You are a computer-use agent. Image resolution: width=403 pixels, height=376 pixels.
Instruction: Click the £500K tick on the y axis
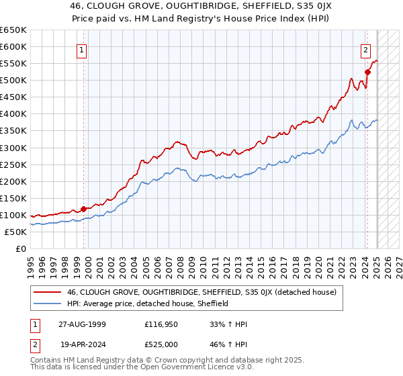(x=13, y=81)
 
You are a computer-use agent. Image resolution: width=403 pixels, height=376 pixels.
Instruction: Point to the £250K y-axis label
(x=13, y=164)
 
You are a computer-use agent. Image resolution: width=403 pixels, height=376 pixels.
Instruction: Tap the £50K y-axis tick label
(x=15, y=232)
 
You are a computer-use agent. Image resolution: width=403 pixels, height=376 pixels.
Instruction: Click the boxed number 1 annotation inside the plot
(x=82, y=49)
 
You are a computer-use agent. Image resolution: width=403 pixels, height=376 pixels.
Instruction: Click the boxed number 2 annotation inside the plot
(x=365, y=49)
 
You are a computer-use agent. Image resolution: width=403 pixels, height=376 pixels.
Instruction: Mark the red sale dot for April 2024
(x=367, y=72)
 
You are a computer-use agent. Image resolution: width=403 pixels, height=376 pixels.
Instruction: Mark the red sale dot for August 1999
(x=83, y=209)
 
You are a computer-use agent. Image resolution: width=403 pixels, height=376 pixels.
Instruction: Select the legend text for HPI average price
(x=148, y=303)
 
